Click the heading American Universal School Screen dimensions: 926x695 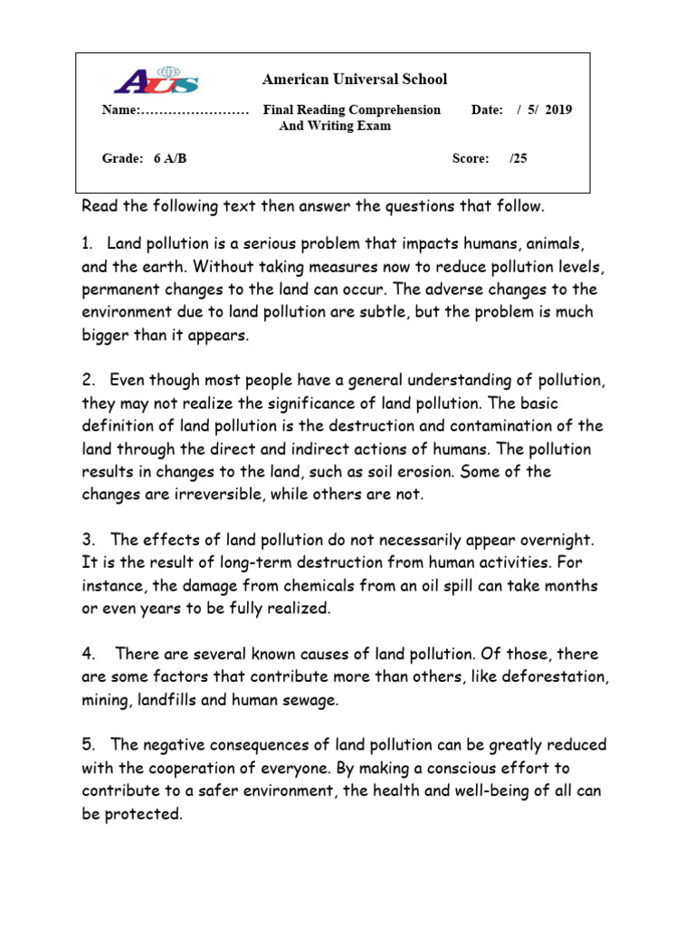click(x=355, y=80)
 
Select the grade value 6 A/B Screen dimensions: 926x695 click(x=170, y=158)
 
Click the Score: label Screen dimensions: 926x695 click(x=471, y=158)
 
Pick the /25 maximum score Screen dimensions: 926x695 click(x=518, y=158)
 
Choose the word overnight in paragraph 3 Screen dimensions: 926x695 click(x=556, y=540)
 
